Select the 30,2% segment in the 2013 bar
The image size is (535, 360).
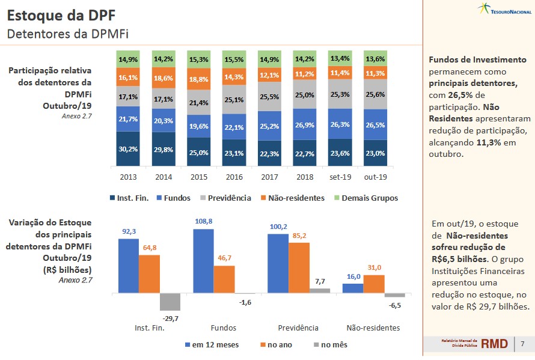tap(127, 148)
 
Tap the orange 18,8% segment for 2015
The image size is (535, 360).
tap(199, 79)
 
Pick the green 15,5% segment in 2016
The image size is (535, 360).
tap(234, 60)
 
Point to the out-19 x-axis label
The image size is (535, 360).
tap(376, 177)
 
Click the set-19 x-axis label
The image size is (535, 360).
tap(340, 177)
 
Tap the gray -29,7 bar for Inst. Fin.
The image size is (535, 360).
tap(171, 302)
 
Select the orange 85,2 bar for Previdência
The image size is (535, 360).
tap(299, 267)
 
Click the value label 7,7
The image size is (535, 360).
tap(320, 281)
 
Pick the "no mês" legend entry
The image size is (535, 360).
tap(331, 344)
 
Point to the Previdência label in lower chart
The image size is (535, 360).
tap(298, 328)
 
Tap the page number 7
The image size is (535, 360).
tap(522, 344)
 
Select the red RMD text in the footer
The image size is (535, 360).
tap(494, 344)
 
